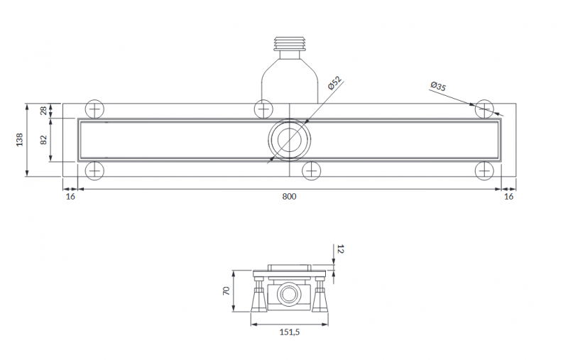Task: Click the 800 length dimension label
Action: (x=289, y=196)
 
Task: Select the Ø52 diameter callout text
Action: (x=334, y=83)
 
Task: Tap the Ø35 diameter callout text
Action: (x=438, y=86)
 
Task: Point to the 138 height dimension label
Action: (x=20, y=140)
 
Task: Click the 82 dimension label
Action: (x=43, y=140)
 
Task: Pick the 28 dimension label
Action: (x=43, y=111)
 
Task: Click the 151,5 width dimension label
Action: (x=290, y=332)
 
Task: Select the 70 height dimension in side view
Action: (x=226, y=291)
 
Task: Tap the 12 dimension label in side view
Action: (x=340, y=249)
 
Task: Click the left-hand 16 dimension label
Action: (x=70, y=196)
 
